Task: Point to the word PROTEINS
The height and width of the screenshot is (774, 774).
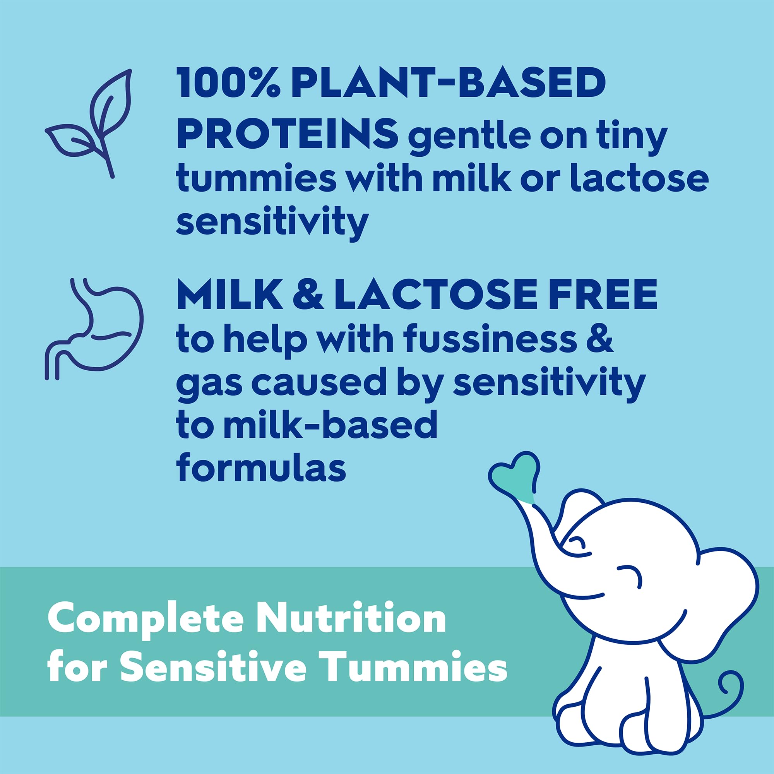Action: pos(287,134)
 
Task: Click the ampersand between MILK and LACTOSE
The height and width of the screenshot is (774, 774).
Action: pos(308,295)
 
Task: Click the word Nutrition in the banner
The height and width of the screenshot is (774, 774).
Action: pos(351,619)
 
